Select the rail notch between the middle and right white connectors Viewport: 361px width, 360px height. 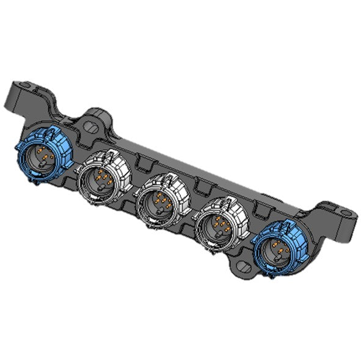[x=201, y=185]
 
